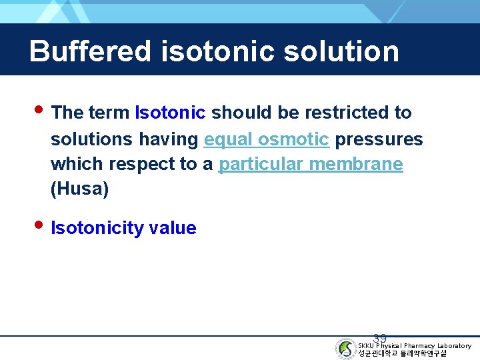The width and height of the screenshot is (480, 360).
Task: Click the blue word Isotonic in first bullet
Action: pos(170,113)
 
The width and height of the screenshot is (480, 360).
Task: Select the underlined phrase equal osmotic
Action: pos(267,139)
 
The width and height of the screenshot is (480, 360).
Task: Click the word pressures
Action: pos(379,139)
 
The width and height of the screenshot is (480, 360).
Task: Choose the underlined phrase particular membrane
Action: pos(311,164)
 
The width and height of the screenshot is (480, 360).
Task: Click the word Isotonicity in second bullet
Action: pos(97,228)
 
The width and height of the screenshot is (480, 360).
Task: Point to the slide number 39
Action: pos(380,339)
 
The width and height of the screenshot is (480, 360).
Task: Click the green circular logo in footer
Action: pos(345,349)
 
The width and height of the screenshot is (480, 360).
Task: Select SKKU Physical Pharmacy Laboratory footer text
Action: pos(415,345)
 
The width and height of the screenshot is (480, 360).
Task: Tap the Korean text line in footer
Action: pos(402,353)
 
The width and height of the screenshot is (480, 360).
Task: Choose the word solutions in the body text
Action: pos(92,139)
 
